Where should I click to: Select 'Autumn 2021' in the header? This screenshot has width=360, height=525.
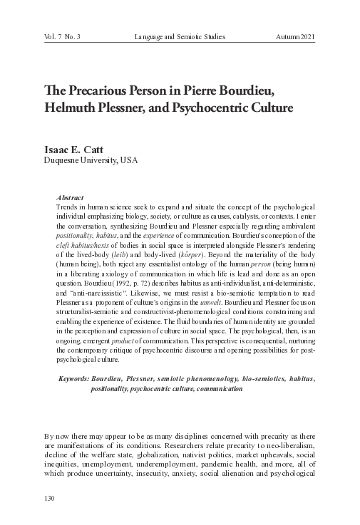295,36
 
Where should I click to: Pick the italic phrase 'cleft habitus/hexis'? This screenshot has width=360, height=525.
86,234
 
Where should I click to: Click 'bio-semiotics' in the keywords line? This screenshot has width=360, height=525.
259,379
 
